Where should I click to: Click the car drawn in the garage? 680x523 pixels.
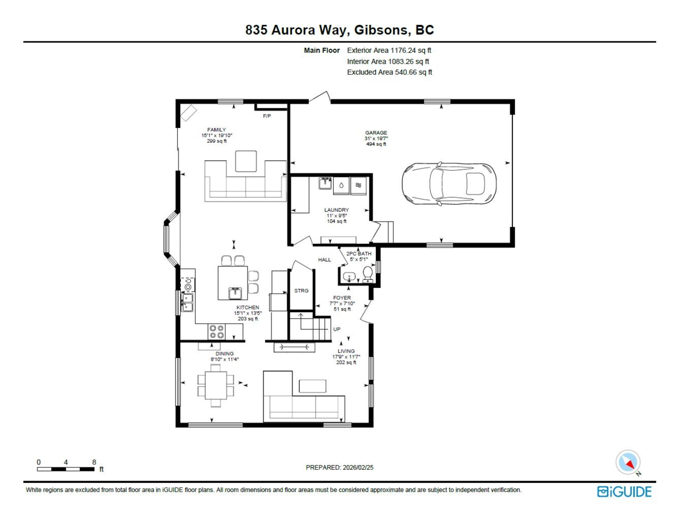(x=449, y=184)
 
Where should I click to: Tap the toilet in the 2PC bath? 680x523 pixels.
(x=368, y=274)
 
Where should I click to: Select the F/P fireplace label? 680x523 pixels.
(x=267, y=116)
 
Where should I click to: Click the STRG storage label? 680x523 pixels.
(x=301, y=291)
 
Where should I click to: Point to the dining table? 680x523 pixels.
(x=216, y=385)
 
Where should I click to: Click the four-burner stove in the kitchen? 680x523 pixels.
(x=216, y=331)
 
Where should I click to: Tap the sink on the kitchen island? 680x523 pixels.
(x=235, y=293)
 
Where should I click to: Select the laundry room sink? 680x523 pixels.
(x=325, y=183)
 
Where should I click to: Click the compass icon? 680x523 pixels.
(x=628, y=462)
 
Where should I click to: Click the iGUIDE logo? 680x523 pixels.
(x=624, y=492)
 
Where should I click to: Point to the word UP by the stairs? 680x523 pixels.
(x=337, y=329)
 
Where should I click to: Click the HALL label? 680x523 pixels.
(x=325, y=260)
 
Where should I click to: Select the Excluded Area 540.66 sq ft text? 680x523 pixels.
(x=390, y=73)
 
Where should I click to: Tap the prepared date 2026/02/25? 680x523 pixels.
(x=358, y=467)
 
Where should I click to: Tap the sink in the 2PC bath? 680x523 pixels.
(x=349, y=277)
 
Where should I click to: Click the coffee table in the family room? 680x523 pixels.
(x=246, y=161)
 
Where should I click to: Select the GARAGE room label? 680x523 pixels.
(x=376, y=133)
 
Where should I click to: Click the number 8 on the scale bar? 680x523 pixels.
(x=94, y=462)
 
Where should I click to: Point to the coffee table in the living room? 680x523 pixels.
(x=313, y=386)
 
